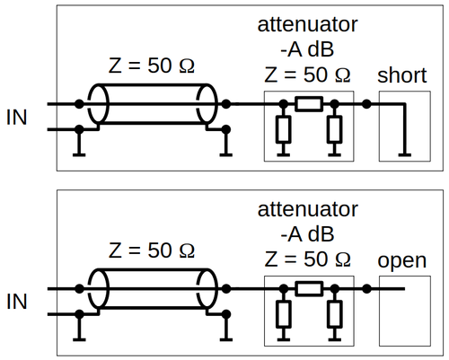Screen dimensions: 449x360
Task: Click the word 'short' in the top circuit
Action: (x=402, y=75)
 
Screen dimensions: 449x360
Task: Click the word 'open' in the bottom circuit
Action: (x=402, y=261)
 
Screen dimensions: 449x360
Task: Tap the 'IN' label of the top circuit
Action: (x=17, y=117)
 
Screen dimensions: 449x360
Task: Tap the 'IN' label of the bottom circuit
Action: (x=17, y=302)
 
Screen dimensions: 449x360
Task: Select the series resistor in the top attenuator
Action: (x=309, y=104)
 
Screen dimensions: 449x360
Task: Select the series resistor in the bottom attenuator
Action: (x=309, y=289)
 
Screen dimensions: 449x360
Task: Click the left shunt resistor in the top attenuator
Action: (x=283, y=129)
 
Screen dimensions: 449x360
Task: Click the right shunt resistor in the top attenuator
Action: (x=334, y=129)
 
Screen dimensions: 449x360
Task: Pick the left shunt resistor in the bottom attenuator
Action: (x=283, y=314)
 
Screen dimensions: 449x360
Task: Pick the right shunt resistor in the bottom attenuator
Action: (x=334, y=314)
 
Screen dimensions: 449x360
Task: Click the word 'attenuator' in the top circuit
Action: (x=307, y=24)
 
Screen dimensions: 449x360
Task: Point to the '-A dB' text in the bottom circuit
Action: (x=307, y=234)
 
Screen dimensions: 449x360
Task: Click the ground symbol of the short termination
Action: (x=405, y=154)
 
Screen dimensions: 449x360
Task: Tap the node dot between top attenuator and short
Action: (x=366, y=104)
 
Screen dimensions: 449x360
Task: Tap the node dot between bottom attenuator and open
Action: (x=366, y=289)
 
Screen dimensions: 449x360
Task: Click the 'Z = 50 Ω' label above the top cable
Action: (x=152, y=66)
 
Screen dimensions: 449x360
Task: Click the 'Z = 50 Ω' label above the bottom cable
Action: (x=152, y=250)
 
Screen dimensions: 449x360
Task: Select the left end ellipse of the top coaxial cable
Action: (x=98, y=104)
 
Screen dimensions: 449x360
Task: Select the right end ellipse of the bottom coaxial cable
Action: (x=207, y=289)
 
